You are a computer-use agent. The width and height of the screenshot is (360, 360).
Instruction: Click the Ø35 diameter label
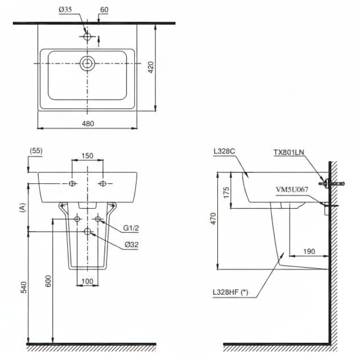coord(65,10)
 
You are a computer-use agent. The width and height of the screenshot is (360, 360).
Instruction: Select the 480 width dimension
coord(88,123)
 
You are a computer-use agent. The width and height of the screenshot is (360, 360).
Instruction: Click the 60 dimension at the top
coord(104,10)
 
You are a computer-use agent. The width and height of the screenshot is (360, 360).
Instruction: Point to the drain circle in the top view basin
coord(87,63)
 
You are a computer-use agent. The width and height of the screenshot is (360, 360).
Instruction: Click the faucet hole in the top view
coord(87,36)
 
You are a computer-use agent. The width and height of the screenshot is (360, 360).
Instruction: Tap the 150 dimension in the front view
coord(87,156)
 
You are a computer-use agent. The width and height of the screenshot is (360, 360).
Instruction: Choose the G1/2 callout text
coord(131,228)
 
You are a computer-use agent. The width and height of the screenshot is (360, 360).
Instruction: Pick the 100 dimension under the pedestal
coord(87,281)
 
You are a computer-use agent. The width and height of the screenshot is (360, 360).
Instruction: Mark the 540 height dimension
coord(23,287)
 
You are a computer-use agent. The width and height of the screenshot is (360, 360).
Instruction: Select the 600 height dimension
coord(48,281)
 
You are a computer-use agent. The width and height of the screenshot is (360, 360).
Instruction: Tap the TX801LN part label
coord(289,152)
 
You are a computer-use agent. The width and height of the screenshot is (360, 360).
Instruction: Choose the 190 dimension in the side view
coord(309,251)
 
